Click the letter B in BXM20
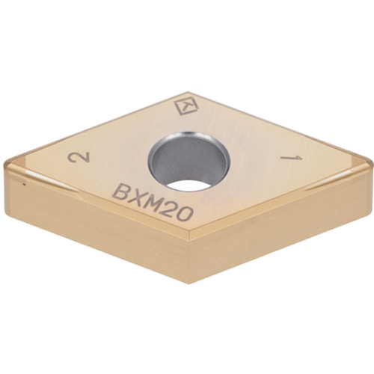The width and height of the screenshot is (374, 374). point(120,193)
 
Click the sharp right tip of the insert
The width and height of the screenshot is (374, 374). point(370,161)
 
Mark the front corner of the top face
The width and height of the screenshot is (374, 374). point(190,242)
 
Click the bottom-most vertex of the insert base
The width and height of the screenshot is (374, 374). point(189,283)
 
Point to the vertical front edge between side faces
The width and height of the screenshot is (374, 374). point(190,262)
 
